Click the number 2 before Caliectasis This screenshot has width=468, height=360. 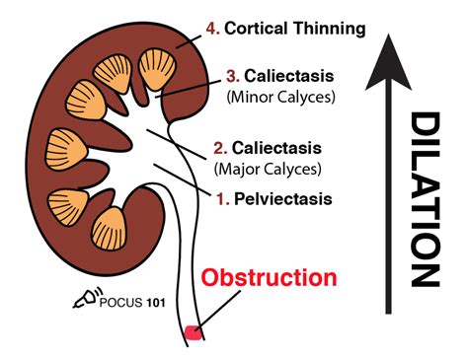pos(219,149)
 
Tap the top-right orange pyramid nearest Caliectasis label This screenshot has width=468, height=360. pos(157,70)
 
